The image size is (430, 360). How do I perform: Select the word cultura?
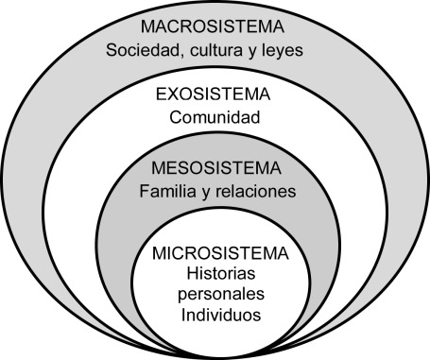pos(228,49)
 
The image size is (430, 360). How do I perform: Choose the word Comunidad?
pos(215,120)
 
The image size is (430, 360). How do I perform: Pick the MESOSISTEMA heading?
pos(216,168)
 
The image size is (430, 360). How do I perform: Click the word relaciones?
pos(256,192)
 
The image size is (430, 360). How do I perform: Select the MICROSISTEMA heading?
pos(216,255)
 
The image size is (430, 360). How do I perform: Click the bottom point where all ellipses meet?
pos(215,353)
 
